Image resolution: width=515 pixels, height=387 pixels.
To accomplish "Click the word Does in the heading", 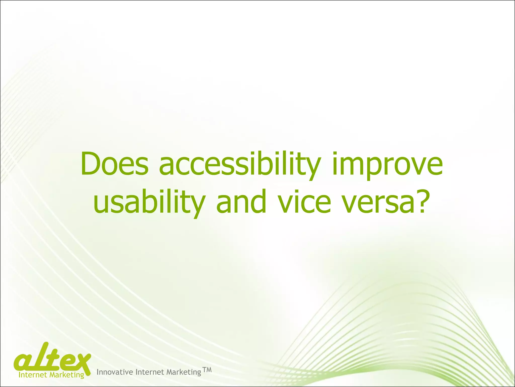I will [114, 164].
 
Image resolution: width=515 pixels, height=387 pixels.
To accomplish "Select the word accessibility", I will [239, 165].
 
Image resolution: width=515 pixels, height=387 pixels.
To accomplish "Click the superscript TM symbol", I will [207, 370].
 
